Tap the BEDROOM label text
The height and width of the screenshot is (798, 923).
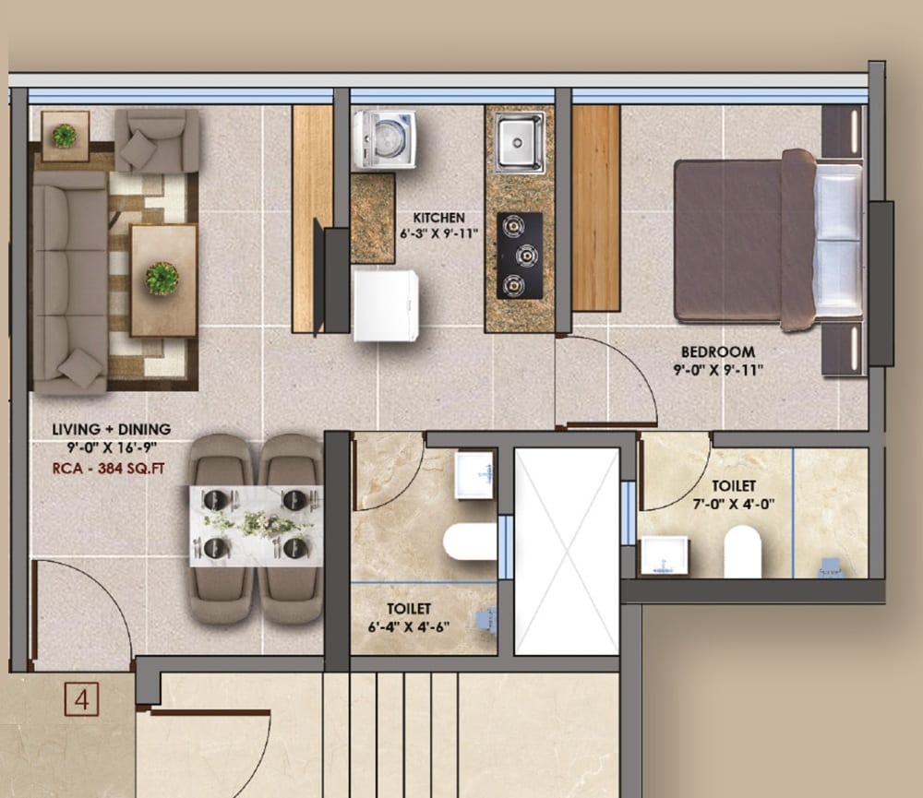pos(717,351)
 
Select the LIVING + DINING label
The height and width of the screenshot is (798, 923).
pos(111,429)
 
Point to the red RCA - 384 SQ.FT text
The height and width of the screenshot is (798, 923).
pos(111,467)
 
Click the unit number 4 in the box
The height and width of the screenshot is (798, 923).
pos(82,700)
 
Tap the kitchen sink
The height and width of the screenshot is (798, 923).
pos(519,141)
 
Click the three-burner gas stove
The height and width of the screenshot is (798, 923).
pos(520,255)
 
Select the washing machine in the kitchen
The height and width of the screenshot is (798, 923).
pos(383,140)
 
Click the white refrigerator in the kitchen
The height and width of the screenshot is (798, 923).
pos(385,304)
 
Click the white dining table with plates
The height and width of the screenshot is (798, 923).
pos(256,526)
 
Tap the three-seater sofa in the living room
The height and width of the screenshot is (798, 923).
pos(69,281)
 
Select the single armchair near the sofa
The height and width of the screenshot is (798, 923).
pos(157,140)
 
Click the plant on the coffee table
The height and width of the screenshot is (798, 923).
pos(162,278)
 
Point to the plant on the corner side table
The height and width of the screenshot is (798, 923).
pos(64,136)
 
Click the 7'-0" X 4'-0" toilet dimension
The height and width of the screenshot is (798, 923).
pos(733,504)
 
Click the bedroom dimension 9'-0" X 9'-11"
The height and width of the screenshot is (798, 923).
pos(717,370)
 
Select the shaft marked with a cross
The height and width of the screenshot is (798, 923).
pos(566,551)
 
